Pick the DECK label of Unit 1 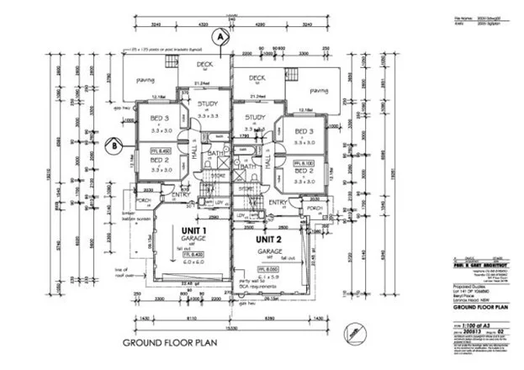[204, 64]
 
